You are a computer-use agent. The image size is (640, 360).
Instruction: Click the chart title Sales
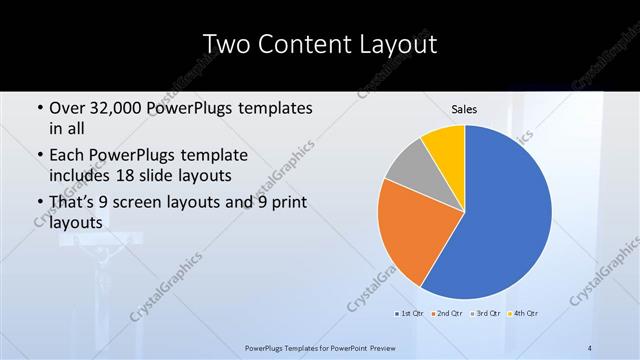[464, 109]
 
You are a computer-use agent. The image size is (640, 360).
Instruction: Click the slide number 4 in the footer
[590, 347]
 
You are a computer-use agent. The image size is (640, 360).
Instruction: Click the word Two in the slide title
[227, 45]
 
